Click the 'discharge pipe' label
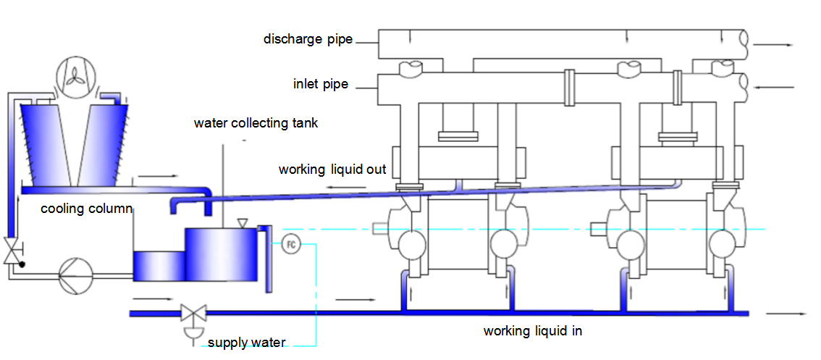click(308, 39)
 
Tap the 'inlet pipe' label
click(321, 85)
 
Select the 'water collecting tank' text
click(256, 123)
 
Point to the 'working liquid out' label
click(332, 169)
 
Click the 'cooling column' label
click(86, 209)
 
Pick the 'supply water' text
click(247, 343)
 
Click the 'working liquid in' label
click(533, 331)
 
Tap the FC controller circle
click(290, 244)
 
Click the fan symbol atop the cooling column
click(75, 79)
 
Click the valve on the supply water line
click(193, 315)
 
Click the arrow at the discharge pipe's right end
click(773, 44)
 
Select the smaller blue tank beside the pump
click(159, 266)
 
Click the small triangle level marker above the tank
click(241, 222)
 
